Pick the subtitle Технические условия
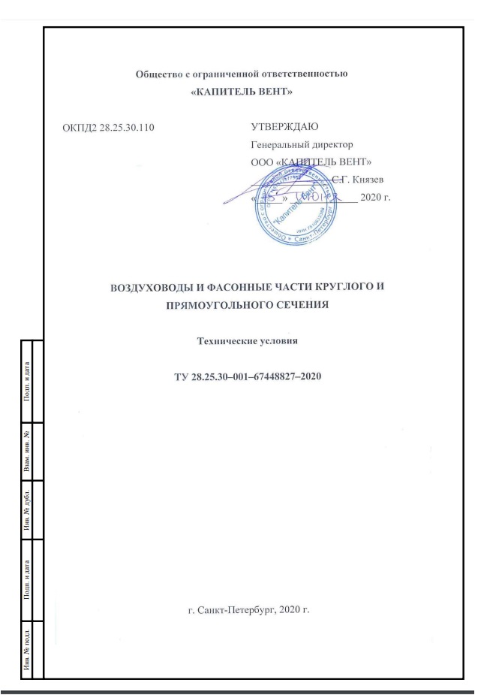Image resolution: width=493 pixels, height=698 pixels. (x=248, y=340)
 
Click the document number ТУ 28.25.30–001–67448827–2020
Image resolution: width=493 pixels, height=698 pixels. (x=248, y=373)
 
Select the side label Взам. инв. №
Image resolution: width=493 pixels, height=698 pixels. (x=28, y=450)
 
